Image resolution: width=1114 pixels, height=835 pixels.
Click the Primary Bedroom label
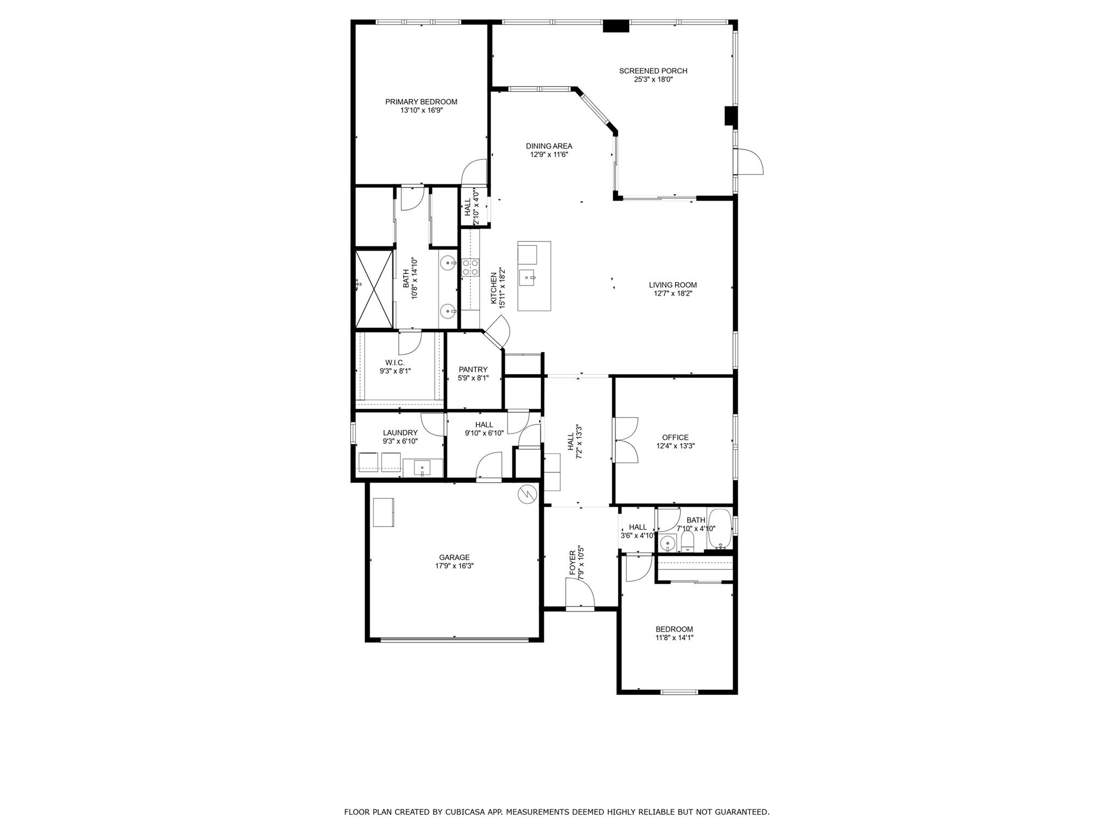tap(421, 102)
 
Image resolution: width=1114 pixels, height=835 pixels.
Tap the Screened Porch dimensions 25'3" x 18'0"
tap(653, 79)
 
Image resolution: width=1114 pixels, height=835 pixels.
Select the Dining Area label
tap(548, 146)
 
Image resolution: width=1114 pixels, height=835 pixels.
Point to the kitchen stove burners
tap(470, 267)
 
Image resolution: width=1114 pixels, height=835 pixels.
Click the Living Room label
tap(672, 285)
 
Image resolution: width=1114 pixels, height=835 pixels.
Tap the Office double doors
tap(626, 440)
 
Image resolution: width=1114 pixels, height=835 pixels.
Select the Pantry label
tap(473, 370)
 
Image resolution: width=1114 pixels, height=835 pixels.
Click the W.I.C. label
tap(395, 363)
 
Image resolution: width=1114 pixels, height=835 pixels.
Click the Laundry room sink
tap(422, 468)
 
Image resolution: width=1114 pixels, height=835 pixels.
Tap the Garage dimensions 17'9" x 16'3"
tap(454, 566)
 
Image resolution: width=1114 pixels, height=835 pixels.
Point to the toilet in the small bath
tap(688, 541)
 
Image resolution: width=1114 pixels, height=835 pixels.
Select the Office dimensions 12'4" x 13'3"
tap(675, 446)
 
